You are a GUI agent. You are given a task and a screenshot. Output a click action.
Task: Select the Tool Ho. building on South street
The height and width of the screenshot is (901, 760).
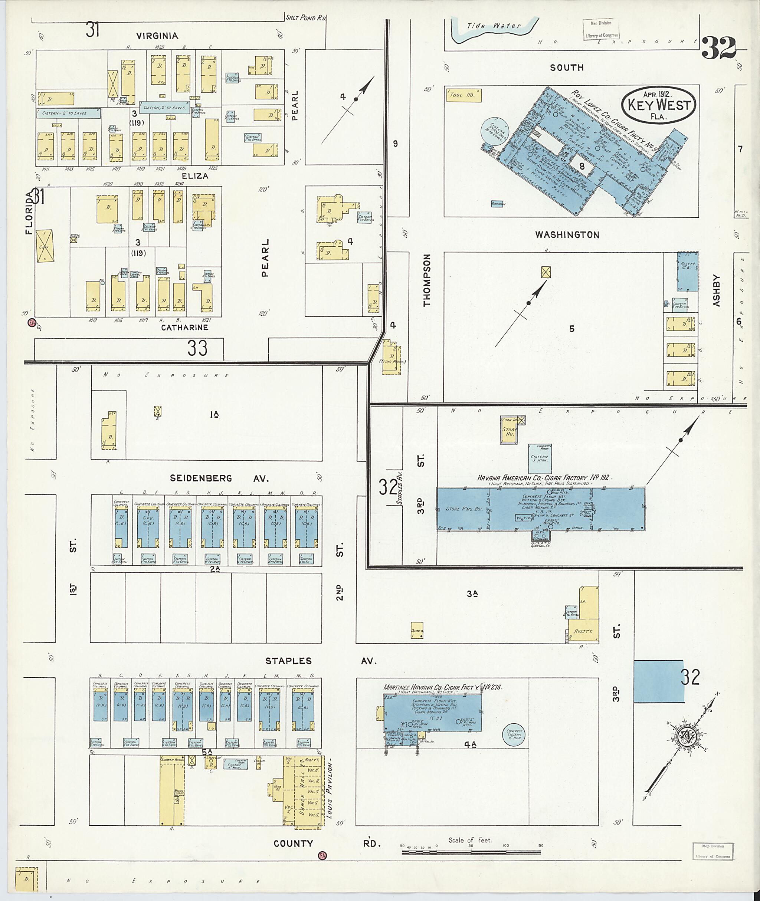click(x=464, y=95)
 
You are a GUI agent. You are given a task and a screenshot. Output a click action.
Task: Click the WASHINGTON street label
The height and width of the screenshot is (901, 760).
click(x=567, y=235)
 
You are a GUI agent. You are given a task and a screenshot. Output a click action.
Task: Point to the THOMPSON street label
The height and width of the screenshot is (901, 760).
click(x=427, y=280)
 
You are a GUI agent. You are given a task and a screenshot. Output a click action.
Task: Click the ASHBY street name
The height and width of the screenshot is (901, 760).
click(x=717, y=290)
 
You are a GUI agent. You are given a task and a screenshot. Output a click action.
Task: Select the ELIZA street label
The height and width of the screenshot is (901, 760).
click(x=195, y=176)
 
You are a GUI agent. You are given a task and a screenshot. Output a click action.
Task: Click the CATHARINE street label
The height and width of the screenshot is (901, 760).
click(x=184, y=327)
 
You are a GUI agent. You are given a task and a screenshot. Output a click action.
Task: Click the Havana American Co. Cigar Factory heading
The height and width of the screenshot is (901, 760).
click(x=544, y=478)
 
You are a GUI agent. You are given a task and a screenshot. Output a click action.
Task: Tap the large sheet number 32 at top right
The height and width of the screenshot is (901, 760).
click(x=718, y=48)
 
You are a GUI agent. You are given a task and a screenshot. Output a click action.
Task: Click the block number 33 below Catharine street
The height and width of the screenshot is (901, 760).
click(x=197, y=348)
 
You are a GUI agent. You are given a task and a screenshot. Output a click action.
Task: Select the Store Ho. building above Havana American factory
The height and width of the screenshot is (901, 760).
click(x=510, y=433)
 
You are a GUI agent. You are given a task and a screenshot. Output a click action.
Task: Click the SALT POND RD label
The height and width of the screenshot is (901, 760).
click(x=306, y=18)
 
